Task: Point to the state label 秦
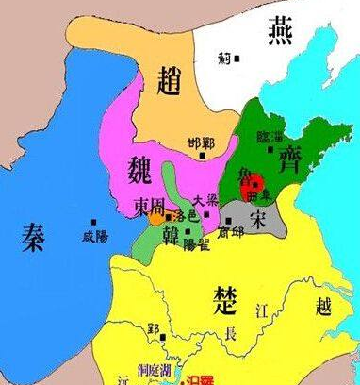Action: pyautogui.click(x=35, y=239)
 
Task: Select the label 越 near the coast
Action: pyautogui.click(x=324, y=307)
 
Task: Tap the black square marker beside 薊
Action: pyautogui.click(x=237, y=58)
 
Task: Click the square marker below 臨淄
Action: pyautogui.click(x=270, y=149)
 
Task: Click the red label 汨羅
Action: pyautogui.click(x=201, y=379)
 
